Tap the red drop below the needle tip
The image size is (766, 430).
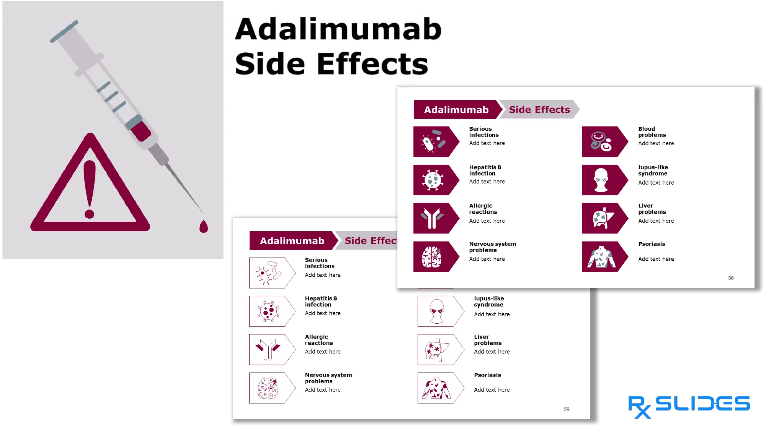(x=204, y=227)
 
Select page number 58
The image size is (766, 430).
(x=731, y=278)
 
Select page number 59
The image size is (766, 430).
(x=567, y=409)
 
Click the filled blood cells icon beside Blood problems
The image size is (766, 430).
(x=601, y=141)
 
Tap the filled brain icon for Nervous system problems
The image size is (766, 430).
(x=432, y=256)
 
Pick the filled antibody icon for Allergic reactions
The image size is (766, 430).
(x=432, y=218)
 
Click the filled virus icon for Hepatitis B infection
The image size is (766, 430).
(x=433, y=180)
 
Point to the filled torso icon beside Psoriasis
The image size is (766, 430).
(x=601, y=257)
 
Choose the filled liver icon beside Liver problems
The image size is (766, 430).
(x=602, y=218)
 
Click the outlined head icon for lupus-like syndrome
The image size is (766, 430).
(x=437, y=311)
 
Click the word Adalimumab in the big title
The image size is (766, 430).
(x=338, y=29)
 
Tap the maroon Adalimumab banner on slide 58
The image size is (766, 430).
(x=456, y=110)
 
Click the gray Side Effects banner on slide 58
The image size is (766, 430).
(x=539, y=110)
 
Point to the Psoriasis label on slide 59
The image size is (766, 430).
(x=487, y=375)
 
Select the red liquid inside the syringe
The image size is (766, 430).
(x=140, y=131)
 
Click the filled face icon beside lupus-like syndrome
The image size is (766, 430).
(x=601, y=180)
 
